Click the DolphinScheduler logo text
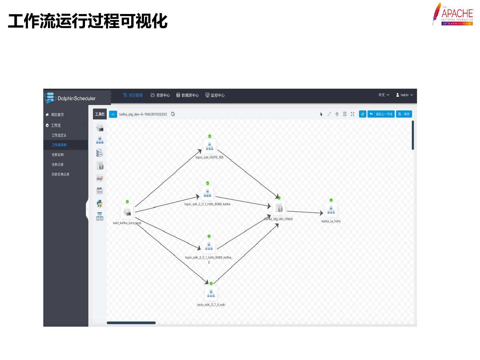(x=76, y=98)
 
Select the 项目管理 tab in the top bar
(x=133, y=95)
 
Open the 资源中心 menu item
(x=160, y=95)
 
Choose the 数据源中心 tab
(x=187, y=95)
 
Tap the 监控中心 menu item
(x=215, y=95)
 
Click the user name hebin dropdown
(x=404, y=95)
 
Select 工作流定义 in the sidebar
(x=59, y=135)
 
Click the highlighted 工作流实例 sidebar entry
(x=59, y=145)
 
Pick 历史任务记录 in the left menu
(x=60, y=174)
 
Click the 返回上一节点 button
(x=381, y=114)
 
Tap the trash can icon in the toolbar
(x=337, y=114)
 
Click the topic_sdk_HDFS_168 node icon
(x=209, y=146)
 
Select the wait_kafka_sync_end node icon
(x=127, y=212)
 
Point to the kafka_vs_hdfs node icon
(x=331, y=210)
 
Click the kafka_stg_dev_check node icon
(x=279, y=208)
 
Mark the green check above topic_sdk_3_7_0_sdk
(x=211, y=283)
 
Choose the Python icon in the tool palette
(x=99, y=203)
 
